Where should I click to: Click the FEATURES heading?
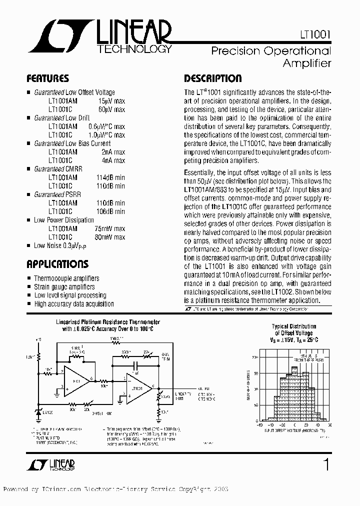click(x=47, y=78)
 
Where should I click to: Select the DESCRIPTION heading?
click(x=212, y=78)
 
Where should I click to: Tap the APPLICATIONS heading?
click(x=57, y=264)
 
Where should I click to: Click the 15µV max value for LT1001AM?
click(x=110, y=100)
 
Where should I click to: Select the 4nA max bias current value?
click(x=113, y=160)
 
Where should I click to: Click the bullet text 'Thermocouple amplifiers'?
click(x=66, y=278)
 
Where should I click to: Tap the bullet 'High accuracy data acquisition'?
click(x=73, y=303)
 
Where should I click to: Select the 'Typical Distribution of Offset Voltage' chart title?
click(x=293, y=332)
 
